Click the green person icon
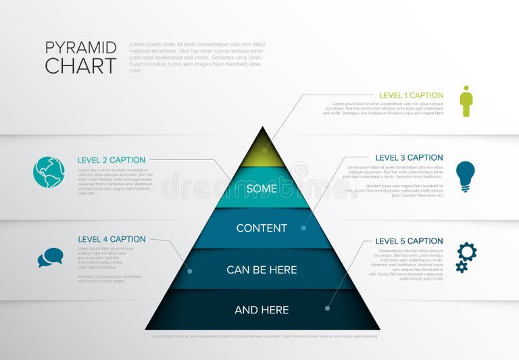[x=466, y=101]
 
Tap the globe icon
[x=49, y=172]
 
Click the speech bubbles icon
[x=50, y=257]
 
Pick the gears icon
[x=466, y=257]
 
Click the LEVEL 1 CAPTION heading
[x=411, y=96]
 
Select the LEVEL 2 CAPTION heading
[x=112, y=160]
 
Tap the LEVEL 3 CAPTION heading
[x=409, y=158]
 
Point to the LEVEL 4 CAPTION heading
[x=112, y=239]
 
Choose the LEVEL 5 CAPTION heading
[x=409, y=241]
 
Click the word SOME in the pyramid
[x=262, y=189]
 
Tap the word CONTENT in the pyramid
[x=262, y=228]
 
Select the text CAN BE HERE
[x=262, y=270]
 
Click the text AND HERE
[x=262, y=310]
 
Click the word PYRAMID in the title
[x=81, y=48]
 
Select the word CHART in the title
[x=81, y=66]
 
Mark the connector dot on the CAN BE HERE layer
[x=190, y=272]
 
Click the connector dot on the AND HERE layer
[x=327, y=309]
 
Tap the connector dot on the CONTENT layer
[x=303, y=228]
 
